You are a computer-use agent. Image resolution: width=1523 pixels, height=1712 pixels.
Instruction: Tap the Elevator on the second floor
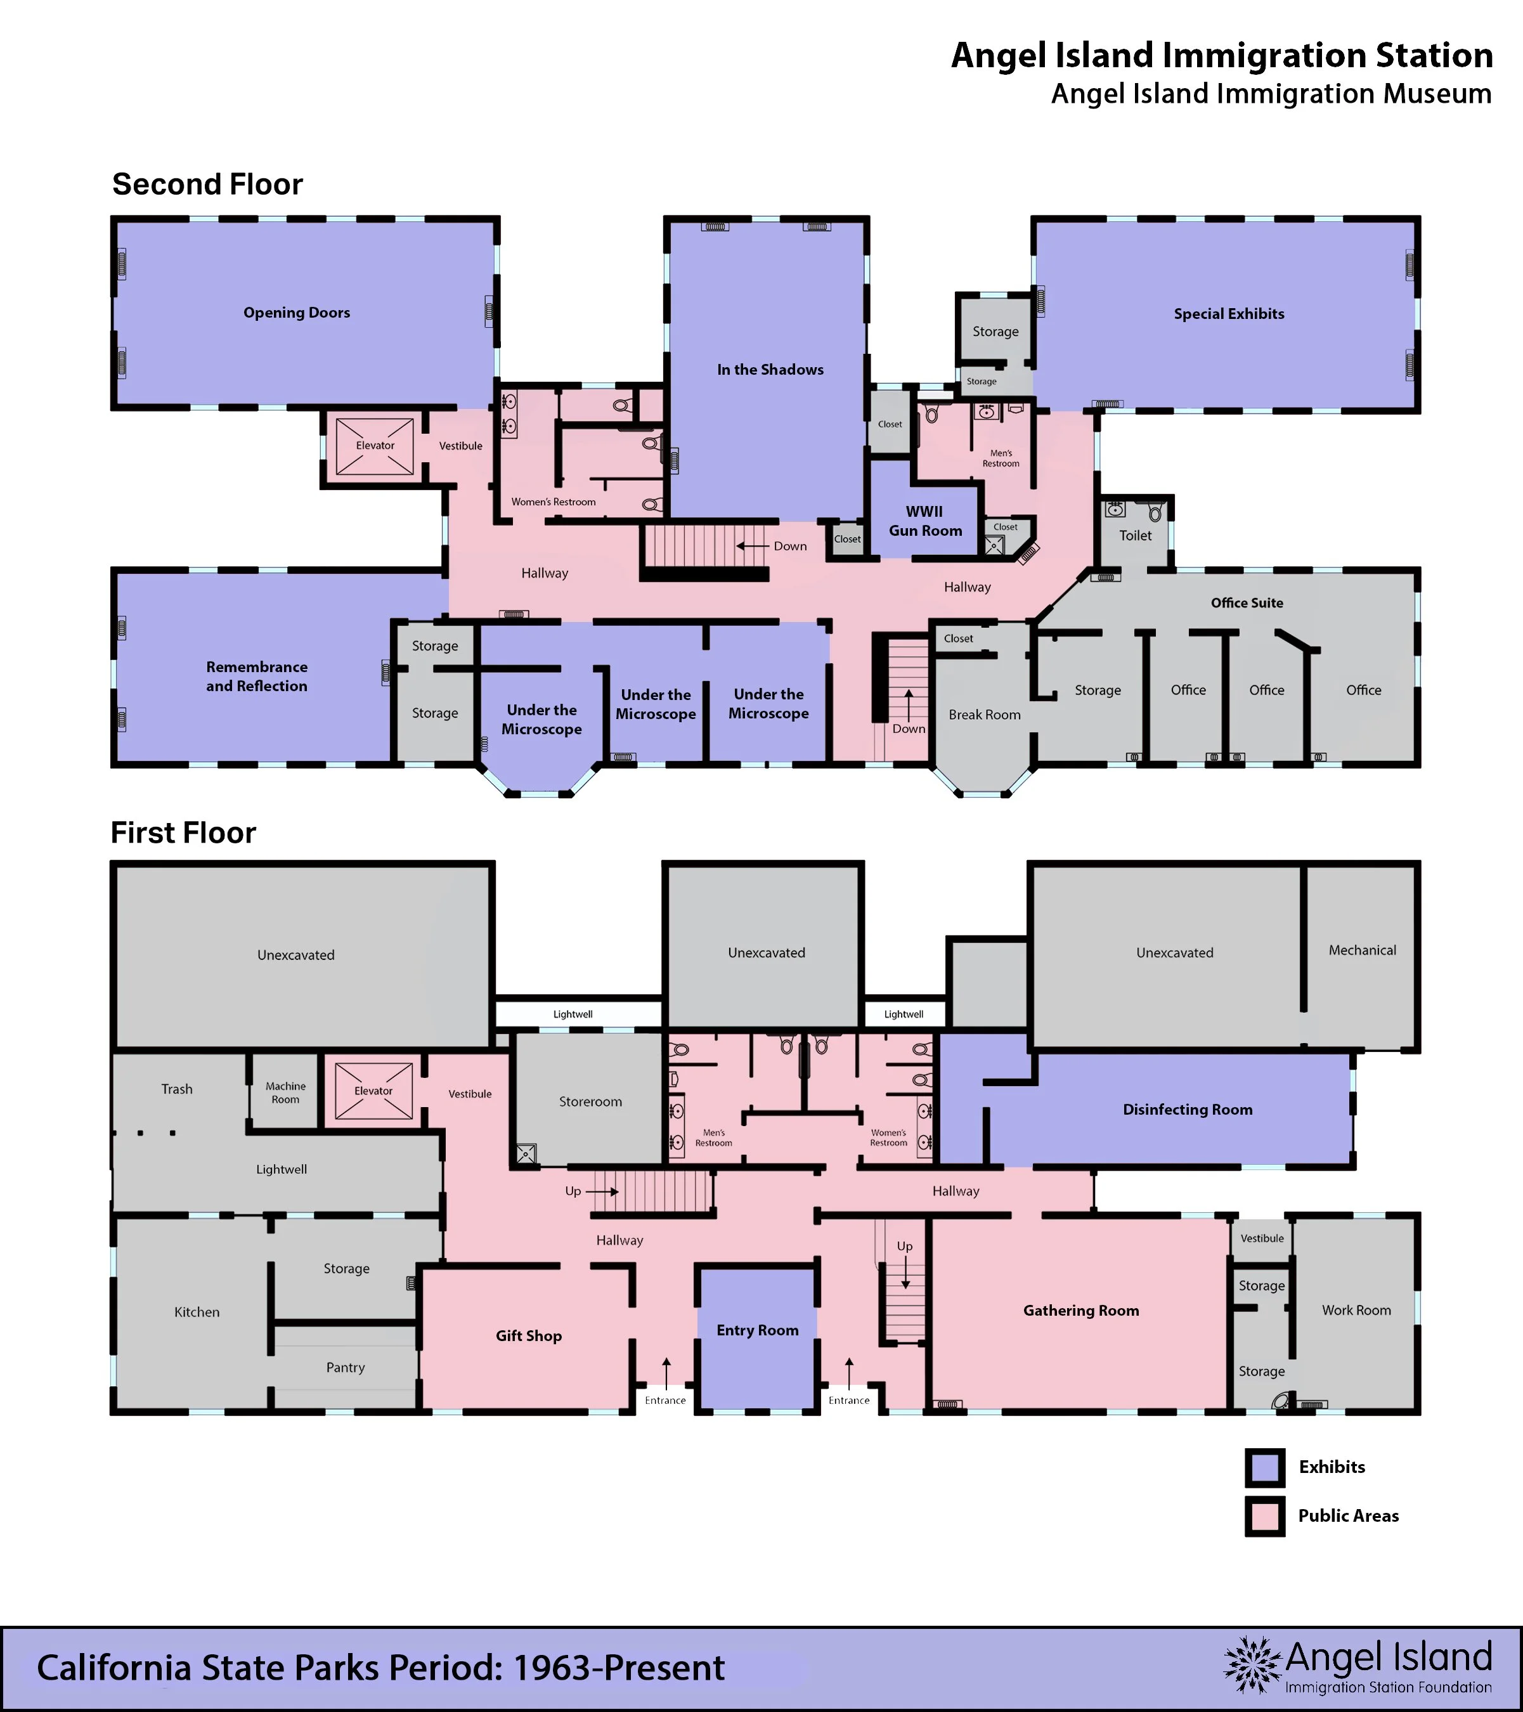(x=375, y=446)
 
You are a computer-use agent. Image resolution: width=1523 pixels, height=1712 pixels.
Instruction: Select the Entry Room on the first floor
(x=757, y=1339)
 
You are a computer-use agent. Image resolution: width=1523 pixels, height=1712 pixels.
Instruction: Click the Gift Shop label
(x=529, y=1336)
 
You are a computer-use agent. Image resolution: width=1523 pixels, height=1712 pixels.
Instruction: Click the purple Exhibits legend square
(x=1265, y=1467)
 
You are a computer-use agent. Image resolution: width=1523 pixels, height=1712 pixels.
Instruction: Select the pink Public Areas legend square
(x=1265, y=1516)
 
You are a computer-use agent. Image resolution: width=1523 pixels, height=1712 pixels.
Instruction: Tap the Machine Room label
(x=286, y=1093)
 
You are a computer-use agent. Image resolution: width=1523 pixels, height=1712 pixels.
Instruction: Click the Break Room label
(x=984, y=715)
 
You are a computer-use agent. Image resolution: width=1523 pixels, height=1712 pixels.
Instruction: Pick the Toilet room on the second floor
(x=1135, y=532)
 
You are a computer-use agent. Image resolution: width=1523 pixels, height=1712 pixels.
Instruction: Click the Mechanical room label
(x=1362, y=950)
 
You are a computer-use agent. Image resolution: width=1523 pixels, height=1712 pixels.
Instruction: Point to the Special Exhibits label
(x=1229, y=314)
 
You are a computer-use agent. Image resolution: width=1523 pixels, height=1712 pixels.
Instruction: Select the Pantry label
(x=345, y=1368)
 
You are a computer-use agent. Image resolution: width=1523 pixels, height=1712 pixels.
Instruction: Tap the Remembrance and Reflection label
(x=256, y=677)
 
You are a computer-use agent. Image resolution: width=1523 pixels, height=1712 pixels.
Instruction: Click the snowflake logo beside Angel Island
(x=1252, y=1664)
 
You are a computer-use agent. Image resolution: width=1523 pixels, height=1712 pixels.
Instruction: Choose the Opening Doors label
(x=297, y=313)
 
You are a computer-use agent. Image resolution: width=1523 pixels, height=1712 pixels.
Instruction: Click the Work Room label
(x=1356, y=1310)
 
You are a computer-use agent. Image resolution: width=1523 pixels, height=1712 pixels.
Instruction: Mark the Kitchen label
(x=197, y=1313)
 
